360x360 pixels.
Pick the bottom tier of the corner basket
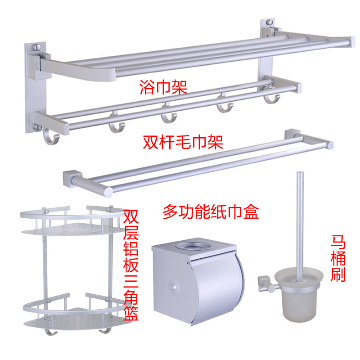tap(68, 310)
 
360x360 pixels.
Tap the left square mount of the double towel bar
tap(73, 176)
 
